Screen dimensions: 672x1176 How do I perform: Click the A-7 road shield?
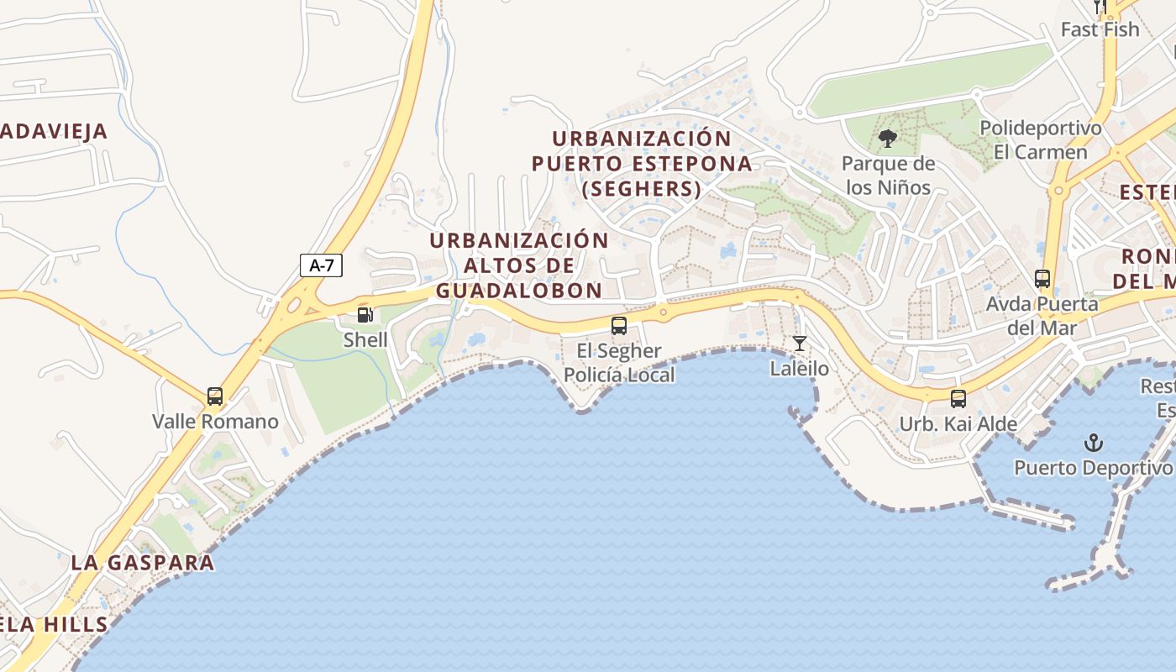[x=321, y=265]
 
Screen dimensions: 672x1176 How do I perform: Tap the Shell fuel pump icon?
[x=365, y=315]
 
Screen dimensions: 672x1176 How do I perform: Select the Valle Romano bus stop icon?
[x=215, y=396]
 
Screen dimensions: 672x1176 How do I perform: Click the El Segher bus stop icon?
[x=619, y=325]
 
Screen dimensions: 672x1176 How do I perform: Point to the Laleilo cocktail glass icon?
[x=800, y=343]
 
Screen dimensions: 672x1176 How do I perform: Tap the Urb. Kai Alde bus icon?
[x=958, y=398]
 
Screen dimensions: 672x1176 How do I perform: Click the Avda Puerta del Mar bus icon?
[x=1042, y=278]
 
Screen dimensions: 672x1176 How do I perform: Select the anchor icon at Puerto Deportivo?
[x=1093, y=442]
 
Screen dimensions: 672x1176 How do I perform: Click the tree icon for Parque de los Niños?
[x=888, y=139]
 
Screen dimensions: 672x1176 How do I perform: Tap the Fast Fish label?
[x=1100, y=29]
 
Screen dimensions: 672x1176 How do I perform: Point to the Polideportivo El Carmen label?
[x=1041, y=140]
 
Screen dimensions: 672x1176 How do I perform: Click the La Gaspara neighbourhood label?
[x=143, y=563]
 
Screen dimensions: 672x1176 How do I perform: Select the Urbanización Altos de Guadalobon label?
[x=519, y=265]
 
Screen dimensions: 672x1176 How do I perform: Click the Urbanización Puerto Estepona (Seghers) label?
[x=642, y=163]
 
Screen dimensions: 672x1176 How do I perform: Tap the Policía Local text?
[x=619, y=375]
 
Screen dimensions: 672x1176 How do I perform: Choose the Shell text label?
[x=365, y=340]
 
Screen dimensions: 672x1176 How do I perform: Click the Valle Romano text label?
[x=215, y=422]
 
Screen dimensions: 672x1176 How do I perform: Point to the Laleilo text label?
[x=800, y=369]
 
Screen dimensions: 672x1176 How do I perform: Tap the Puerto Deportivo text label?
[x=1092, y=468]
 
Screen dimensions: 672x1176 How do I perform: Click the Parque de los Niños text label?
[x=888, y=175]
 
